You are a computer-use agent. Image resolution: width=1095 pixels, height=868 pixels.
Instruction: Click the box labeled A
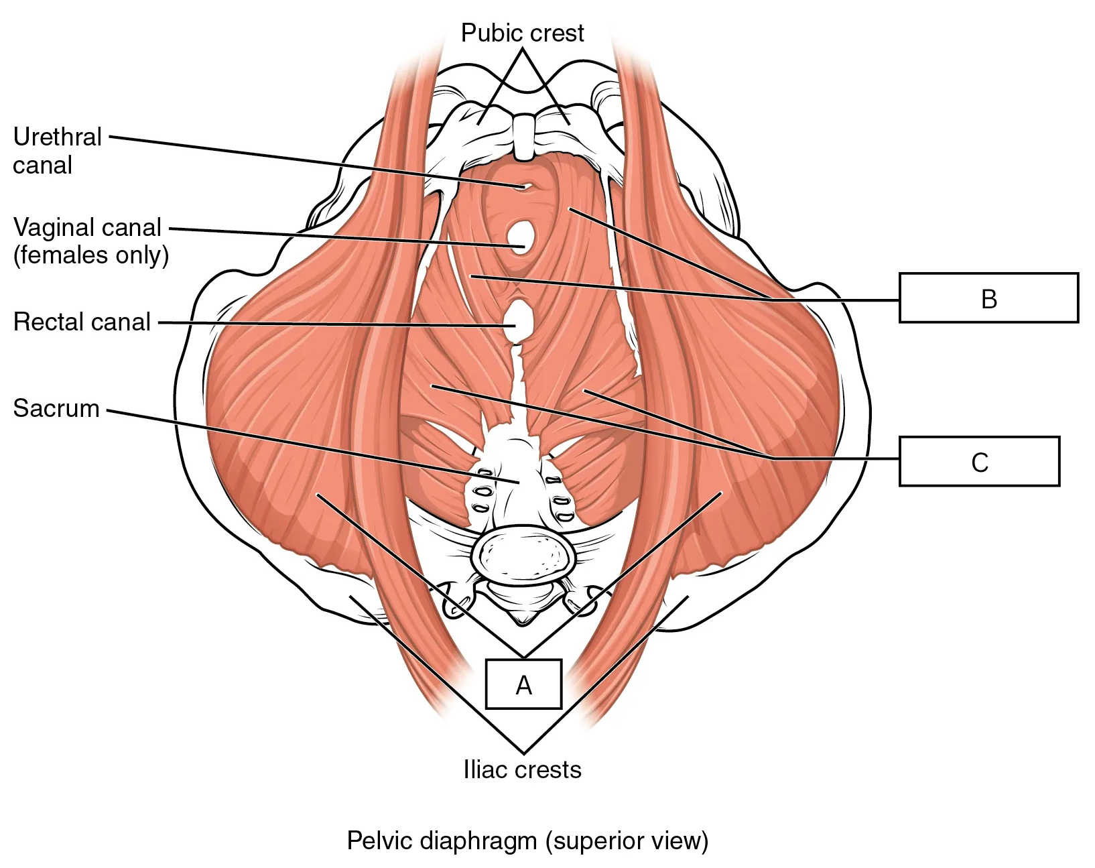(523, 684)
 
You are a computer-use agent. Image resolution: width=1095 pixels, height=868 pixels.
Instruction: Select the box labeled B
(988, 298)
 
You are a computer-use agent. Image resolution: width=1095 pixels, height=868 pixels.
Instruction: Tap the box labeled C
(980, 461)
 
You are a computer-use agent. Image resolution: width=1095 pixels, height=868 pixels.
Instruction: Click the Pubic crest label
(522, 33)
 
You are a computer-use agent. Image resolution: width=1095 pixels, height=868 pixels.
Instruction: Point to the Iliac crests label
(522, 769)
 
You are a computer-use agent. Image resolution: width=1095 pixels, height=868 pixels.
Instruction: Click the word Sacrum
(56, 408)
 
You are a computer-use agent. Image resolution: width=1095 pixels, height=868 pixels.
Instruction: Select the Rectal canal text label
(81, 322)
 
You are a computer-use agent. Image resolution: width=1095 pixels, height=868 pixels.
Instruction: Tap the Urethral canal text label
(58, 151)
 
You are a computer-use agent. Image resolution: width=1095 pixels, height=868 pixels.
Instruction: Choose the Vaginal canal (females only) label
(90, 241)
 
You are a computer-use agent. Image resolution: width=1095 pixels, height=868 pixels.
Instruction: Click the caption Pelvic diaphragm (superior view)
(527, 841)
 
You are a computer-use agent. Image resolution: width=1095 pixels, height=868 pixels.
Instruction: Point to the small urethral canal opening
(524, 186)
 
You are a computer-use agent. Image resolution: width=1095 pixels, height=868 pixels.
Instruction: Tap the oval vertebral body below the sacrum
(523, 556)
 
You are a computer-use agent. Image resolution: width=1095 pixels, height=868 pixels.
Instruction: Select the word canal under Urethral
(43, 166)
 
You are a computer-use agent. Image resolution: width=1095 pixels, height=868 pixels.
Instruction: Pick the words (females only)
(90, 255)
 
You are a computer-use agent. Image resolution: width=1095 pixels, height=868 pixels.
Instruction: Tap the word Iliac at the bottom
(484, 769)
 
